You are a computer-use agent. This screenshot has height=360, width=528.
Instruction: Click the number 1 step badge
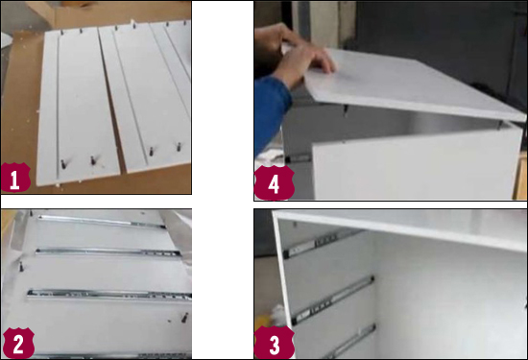tap(15, 178)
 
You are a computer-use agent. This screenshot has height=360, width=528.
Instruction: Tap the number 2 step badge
tap(18, 343)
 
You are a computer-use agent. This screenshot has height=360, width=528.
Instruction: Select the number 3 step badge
tap(275, 343)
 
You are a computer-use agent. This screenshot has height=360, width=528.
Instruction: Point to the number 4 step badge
tap(275, 182)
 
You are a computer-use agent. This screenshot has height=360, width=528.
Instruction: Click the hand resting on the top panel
tap(303, 58)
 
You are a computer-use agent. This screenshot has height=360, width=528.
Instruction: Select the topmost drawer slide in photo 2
tap(101, 222)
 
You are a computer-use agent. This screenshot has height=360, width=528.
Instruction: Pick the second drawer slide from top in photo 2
tap(108, 252)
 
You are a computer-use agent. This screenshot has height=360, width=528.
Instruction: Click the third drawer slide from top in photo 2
tap(109, 295)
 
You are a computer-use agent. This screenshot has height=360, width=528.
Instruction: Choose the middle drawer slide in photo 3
tap(333, 300)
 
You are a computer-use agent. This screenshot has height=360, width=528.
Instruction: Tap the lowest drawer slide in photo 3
tap(350, 342)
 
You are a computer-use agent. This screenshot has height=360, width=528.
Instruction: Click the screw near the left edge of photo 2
tap(21, 266)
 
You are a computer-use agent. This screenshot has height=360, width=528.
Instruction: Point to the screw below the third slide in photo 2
tap(184, 317)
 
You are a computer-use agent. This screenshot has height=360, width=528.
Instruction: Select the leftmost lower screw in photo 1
tap(63, 164)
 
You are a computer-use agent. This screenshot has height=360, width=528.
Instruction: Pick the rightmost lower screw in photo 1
tap(179, 147)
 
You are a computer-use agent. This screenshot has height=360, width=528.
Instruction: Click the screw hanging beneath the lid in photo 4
tap(346, 110)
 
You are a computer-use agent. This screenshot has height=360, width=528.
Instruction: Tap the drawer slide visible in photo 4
tap(298, 158)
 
